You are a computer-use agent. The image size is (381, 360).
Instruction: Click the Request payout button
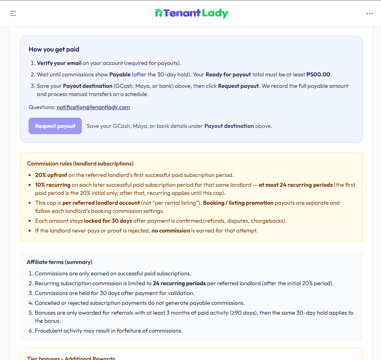click(55, 126)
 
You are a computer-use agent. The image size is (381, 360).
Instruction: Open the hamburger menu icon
click(13, 13)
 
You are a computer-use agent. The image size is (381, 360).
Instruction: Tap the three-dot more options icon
click(370, 13)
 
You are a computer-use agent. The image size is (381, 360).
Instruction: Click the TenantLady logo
click(191, 13)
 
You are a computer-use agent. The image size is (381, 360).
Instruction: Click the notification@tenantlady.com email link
click(93, 107)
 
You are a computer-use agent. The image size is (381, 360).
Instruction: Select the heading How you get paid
click(54, 49)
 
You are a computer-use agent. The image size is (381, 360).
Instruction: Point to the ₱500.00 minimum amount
click(318, 74)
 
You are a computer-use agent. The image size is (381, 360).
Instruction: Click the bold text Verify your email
click(59, 63)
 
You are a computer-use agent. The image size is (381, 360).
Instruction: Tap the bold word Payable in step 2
click(120, 74)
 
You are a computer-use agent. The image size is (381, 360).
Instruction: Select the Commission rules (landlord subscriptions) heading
click(80, 163)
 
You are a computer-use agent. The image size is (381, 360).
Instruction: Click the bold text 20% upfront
click(51, 175)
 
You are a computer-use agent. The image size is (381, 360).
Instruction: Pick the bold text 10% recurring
click(53, 185)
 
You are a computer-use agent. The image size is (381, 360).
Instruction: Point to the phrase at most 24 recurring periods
click(296, 185)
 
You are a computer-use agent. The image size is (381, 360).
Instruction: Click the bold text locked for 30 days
click(108, 221)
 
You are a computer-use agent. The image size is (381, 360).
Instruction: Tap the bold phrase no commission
click(170, 230)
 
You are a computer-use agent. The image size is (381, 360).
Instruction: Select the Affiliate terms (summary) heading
click(60, 262)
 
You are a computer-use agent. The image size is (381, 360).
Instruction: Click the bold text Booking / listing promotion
click(238, 203)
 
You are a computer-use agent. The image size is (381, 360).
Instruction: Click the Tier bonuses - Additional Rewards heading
click(71, 358)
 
